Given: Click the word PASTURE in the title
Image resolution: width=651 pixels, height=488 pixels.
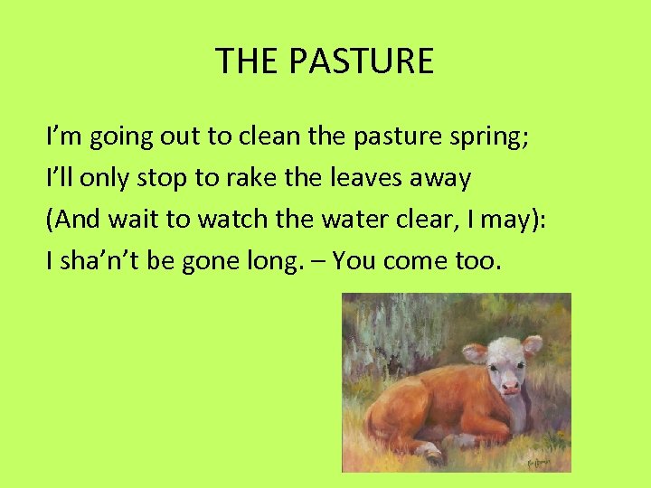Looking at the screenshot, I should pyautogui.click(x=362, y=61).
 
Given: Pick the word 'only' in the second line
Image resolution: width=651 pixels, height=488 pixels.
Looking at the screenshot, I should pyautogui.click(x=104, y=179).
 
